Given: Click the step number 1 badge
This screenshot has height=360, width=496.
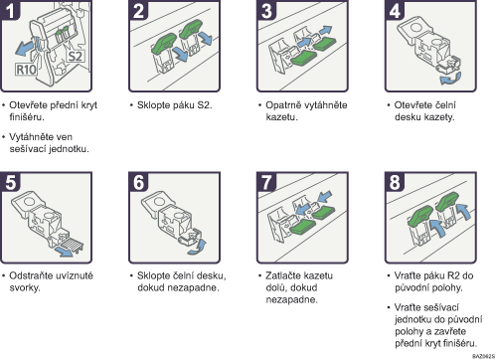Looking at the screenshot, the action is pos(10,10).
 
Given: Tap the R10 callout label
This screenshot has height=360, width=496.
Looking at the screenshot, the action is pos(26,70).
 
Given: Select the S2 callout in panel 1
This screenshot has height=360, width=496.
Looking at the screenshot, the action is pos(75,56).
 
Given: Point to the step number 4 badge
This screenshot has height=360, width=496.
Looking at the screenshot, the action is pos(395,10).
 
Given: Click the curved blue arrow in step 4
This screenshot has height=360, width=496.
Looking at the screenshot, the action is pos(450,79).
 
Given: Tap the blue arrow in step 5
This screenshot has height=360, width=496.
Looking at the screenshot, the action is pos(64,252).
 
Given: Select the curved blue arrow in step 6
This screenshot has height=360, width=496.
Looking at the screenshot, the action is pos(198,248).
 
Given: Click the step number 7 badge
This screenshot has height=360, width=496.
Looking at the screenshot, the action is pos(266,182).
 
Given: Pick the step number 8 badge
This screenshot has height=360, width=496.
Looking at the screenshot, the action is pos(395,182).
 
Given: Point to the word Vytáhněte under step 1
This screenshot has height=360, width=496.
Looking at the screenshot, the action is pos(30,137).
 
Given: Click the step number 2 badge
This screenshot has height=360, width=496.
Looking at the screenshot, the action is pos(138,10).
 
